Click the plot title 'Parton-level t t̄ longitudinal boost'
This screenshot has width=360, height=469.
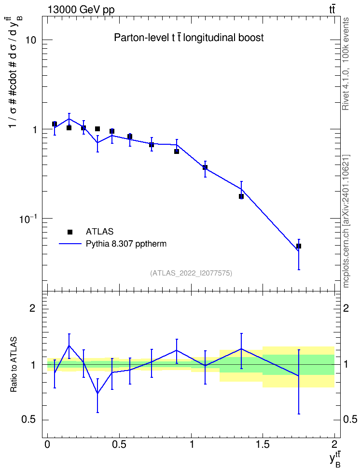pyautogui.click(x=189, y=38)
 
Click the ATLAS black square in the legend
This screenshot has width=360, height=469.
pyautogui.click(x=70, y=232)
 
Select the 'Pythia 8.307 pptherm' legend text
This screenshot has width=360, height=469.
pyautogui.click(x=126, y=244)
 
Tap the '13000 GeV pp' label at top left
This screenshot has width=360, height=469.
pyautogui.click(x=81, y=10)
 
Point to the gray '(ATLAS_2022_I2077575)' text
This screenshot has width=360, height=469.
pyautogui.click(x=191, y=273)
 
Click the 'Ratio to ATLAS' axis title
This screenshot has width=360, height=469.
pyautogui.click(x=14, y=365)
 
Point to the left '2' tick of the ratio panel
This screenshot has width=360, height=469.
pyautogui.click(x=33, y=308)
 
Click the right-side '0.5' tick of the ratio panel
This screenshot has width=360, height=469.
pyautogui.click(x=350, y=420)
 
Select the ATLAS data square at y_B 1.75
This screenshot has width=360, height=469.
pyautogui.click(x=298, y=246)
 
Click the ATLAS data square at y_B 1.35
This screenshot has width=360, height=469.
pyautogui.click(x=241, y=196)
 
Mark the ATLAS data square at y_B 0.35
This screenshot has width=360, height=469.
pyautogui.click(x=97, y=129)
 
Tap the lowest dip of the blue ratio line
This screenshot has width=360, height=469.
pyautogui.click(x=97, y=393)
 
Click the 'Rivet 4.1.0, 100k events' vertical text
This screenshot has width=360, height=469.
pyautogui.click(x=346, y=64)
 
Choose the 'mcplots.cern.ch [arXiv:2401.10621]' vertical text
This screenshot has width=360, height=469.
pyautogui.click(x=346, y=221)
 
